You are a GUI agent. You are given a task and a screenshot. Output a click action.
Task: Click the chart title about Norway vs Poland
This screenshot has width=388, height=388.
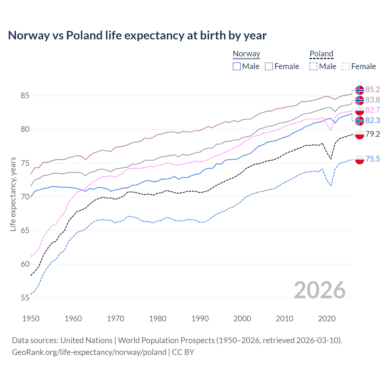[137, 35]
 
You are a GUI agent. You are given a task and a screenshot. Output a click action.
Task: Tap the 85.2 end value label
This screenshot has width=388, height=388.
[373, 89]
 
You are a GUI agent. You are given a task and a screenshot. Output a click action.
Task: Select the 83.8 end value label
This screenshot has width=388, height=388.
[373, 100]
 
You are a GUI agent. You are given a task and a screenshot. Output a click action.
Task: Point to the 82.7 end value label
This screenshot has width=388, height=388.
[373, 110]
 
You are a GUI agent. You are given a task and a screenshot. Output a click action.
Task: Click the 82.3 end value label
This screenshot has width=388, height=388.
[373, 120]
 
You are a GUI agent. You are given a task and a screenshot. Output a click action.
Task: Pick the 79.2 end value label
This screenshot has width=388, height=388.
[373, 134]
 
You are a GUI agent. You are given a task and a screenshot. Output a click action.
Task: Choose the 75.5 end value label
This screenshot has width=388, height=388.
[373, 159]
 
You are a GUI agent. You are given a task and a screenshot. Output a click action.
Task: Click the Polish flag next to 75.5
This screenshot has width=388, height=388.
[360, 159]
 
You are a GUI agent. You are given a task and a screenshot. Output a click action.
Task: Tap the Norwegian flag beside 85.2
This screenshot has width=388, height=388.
[360, 90]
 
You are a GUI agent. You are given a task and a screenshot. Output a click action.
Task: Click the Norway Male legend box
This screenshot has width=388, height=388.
[237, 66]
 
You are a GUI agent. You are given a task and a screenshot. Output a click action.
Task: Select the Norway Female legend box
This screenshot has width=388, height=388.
[269, 66]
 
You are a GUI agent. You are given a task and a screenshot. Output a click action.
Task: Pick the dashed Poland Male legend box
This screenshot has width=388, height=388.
[313, 66]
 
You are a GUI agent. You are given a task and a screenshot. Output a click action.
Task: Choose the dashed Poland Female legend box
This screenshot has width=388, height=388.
[346, 66]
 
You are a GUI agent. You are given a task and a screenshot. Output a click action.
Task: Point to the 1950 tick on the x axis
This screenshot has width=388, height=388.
[31, 319]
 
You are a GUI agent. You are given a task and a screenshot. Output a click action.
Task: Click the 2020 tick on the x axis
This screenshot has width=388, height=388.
[327, 319]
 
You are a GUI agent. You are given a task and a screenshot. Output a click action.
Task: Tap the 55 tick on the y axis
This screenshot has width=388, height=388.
[25, 298]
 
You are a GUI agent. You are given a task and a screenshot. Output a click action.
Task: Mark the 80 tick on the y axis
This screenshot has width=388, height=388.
[25, 129]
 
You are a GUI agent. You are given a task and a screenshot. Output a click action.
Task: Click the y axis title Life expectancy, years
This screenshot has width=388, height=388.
[13, 194]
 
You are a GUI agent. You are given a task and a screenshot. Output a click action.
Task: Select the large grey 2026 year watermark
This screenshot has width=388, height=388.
[319, 290]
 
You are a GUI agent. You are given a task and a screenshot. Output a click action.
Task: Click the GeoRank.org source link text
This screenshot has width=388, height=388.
[89, 352]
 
